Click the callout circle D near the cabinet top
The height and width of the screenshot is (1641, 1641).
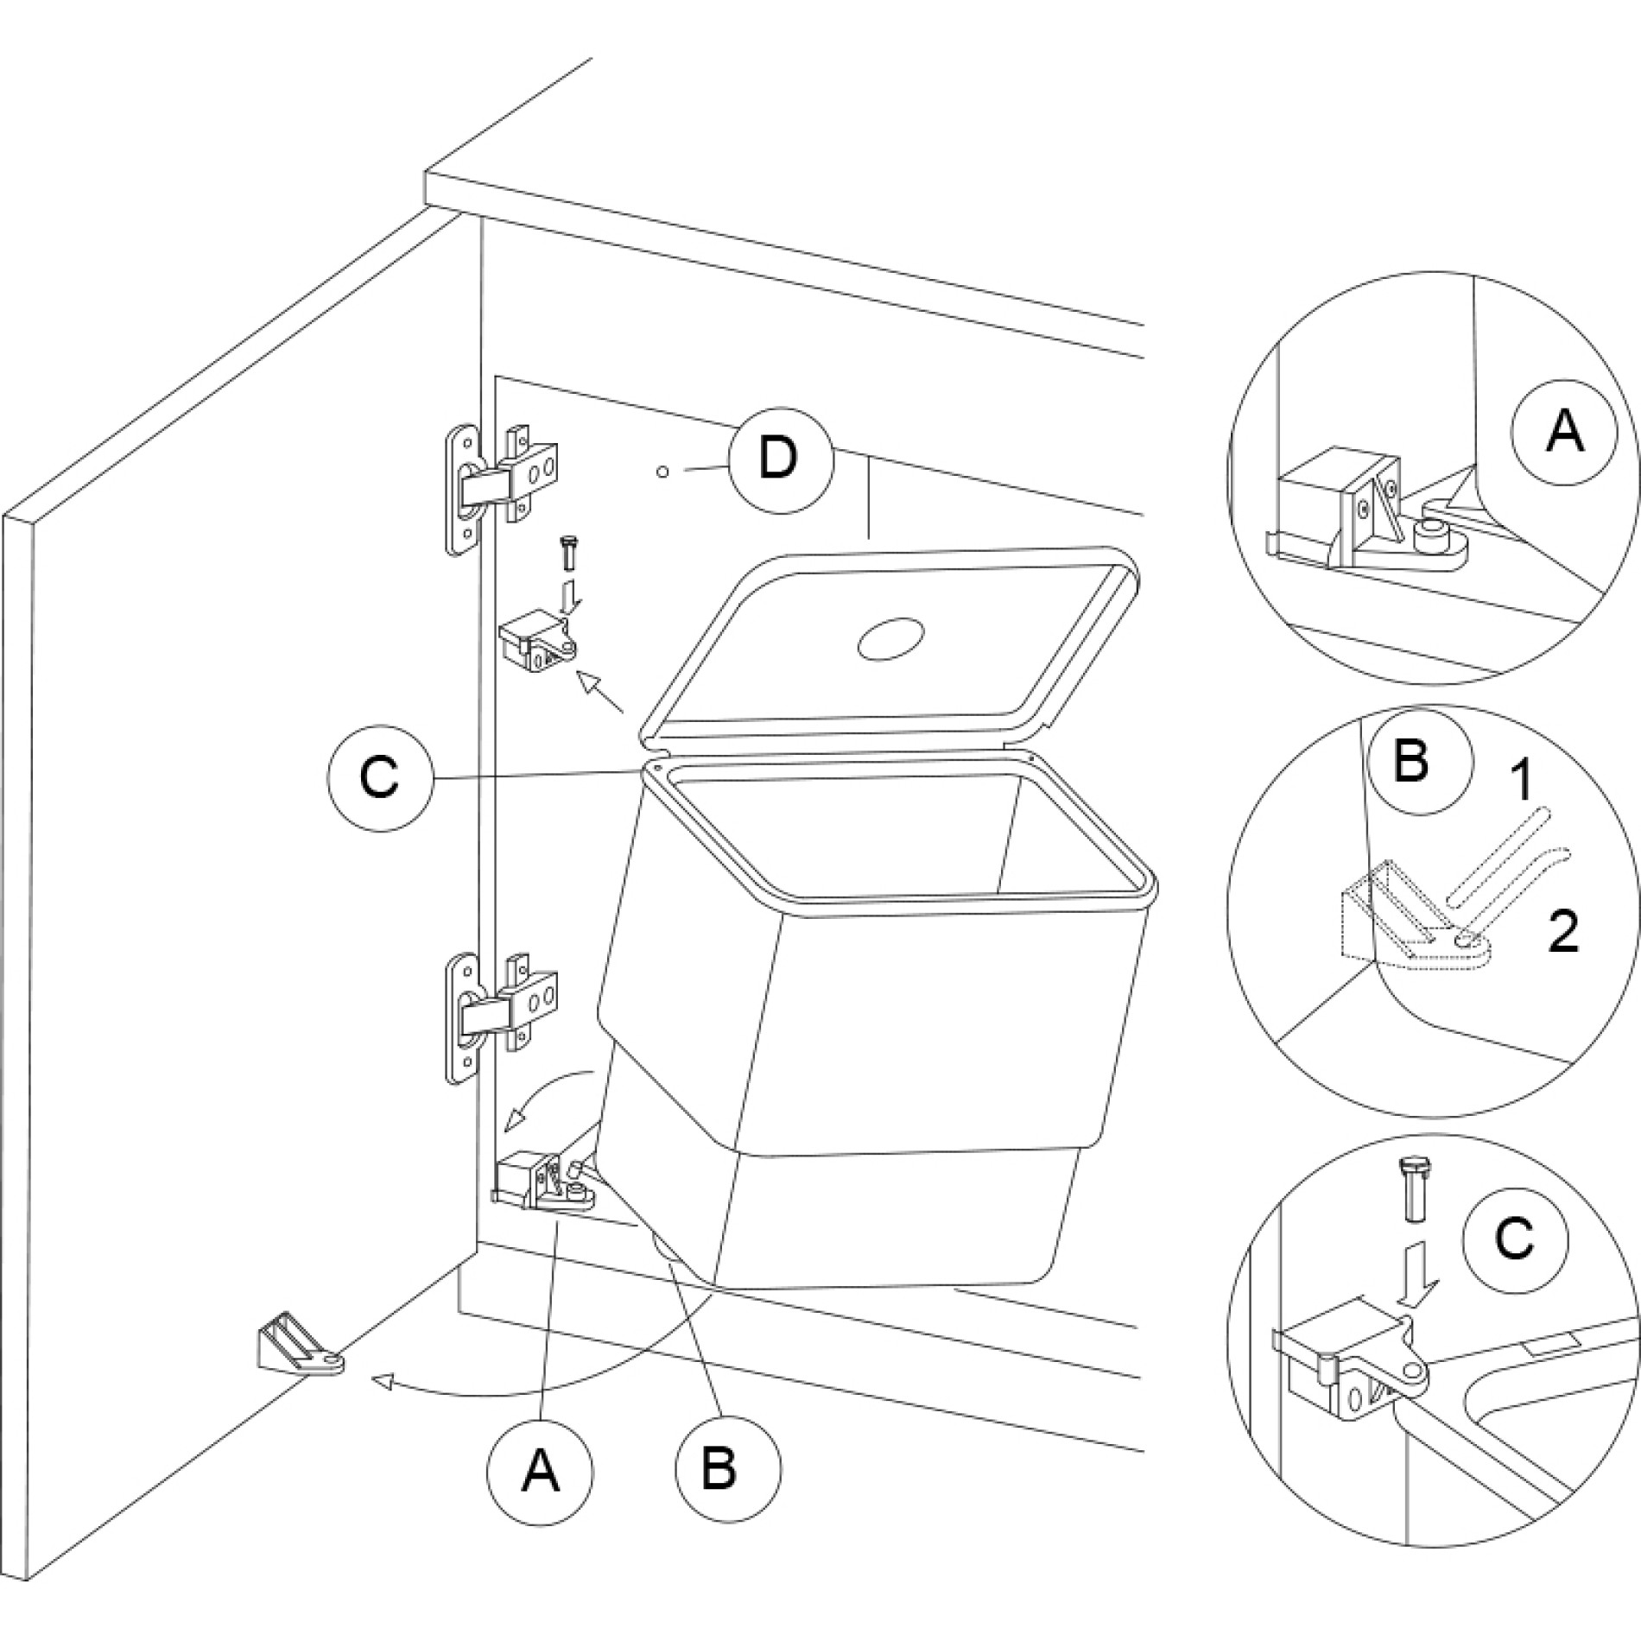pyautogui.click(x=781, y=459)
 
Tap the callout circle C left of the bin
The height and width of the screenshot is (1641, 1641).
pyautogui.click(x=380, y=777)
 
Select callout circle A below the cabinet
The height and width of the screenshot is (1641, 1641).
pyautogui.click(x=540, y=1471)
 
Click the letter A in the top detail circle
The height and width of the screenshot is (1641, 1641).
pyautogui.click(x=1564, y=431)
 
